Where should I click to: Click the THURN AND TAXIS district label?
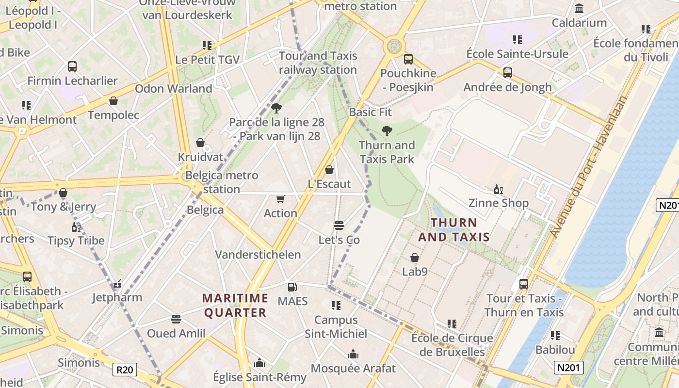coord(454,230)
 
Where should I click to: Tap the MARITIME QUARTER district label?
coord(235,306)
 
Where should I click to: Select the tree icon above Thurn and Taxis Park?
coord(387,130)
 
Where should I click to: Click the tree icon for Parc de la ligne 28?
coord(276,108)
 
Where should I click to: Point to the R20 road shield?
coord(125,370)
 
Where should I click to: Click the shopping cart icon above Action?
coord(280,199)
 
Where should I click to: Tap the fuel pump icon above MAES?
coord(292,287)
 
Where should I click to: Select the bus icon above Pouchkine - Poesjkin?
coord(408,59)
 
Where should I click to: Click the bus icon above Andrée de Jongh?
coord(507,73)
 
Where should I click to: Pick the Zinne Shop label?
coord(498,203)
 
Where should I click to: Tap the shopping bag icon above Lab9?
coord(415,258)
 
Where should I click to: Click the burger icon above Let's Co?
coord(339,226)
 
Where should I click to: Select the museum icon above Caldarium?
coord(579,9)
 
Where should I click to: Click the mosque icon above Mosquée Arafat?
coord(353,355)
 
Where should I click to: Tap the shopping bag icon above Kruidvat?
coord(200,143)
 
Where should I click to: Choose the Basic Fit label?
coord(370,112)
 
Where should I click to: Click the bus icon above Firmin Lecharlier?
coord(72,66)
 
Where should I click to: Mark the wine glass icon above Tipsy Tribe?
coord(76,227)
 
